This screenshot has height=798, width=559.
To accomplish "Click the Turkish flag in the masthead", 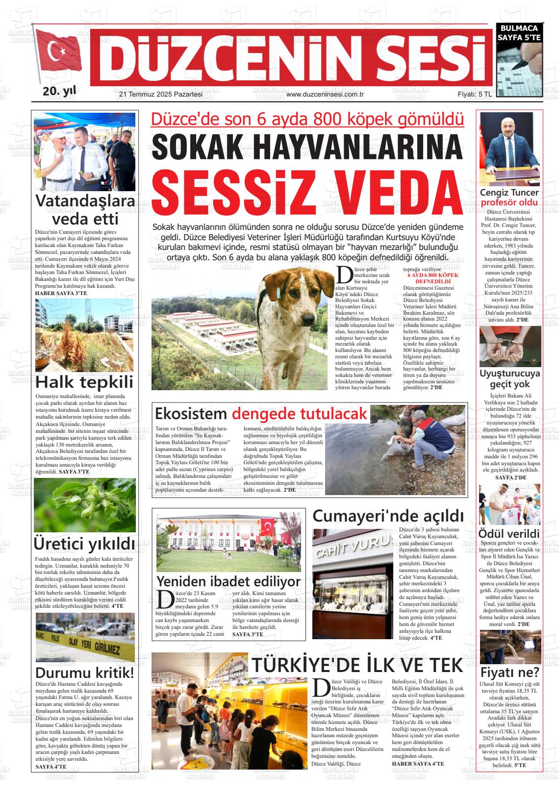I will [59, 53].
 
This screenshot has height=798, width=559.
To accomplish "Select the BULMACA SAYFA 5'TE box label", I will [519, 32].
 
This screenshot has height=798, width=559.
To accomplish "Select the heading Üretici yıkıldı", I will [84, 544].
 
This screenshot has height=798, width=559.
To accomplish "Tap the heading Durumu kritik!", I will [84, 672].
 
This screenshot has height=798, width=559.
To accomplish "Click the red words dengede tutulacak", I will [299, 413].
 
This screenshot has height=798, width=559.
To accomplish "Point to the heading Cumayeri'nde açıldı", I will [388, 516].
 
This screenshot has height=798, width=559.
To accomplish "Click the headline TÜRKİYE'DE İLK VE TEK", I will [357, 665].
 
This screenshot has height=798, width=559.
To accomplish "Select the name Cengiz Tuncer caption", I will [509, 193].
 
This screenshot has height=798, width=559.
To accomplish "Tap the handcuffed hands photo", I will [510, 347].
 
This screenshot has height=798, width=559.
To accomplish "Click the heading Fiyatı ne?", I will [510, 671].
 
